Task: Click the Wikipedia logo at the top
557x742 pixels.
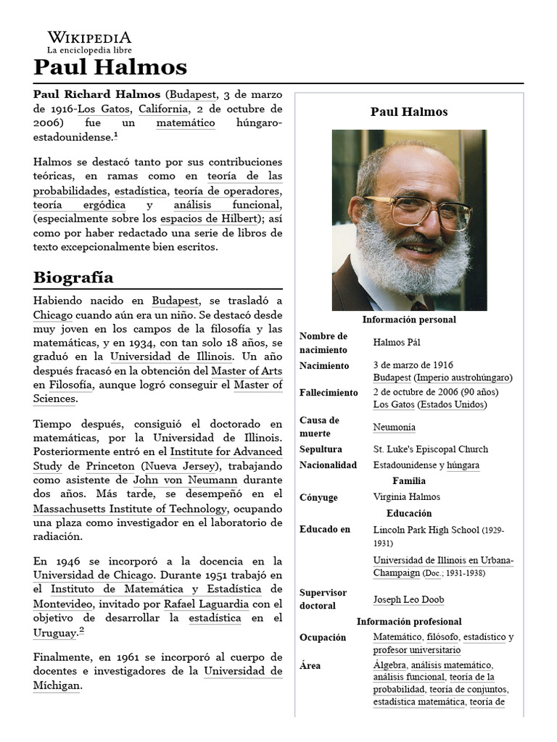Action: point(89,43)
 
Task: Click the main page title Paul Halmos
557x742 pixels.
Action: point(110,67)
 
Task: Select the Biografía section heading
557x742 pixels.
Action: point(73,278)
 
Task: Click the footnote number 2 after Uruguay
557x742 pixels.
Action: point(82,630)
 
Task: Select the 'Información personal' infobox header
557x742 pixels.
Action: point(409,320)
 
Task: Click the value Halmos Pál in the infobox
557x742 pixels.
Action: point(396,342)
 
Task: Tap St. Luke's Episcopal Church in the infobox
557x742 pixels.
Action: point(430,449)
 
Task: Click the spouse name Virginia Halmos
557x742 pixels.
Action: point(406,497)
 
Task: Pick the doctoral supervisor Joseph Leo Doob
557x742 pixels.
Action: point(408,599)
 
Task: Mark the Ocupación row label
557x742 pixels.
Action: point(323,638)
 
